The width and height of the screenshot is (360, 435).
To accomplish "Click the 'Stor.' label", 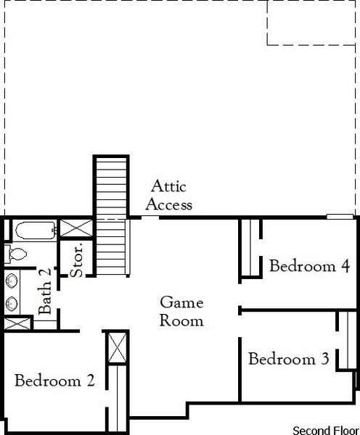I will (78, 261).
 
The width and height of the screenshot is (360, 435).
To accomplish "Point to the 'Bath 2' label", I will (46, 291).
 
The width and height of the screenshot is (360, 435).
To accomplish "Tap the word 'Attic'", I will (168, 187).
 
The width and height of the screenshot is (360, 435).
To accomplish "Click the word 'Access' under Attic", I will (168, 204).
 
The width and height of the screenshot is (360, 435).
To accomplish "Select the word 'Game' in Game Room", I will (181, 302).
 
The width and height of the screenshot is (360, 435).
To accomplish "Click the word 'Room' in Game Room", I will (181, 320).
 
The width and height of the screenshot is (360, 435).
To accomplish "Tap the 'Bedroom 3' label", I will (289, 358).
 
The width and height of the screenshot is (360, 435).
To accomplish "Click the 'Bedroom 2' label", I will (54, 380).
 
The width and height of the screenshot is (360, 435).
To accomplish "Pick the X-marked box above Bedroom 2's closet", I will (116, 348).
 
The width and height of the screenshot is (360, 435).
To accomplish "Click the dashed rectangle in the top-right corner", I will (313, 22).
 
